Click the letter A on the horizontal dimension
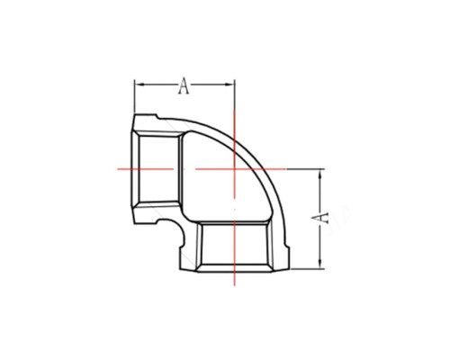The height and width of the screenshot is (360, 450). [x=184, y=85]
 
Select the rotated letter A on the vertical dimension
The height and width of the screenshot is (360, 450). [x=319, y=218]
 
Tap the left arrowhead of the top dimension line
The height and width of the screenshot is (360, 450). [x=139, y=85]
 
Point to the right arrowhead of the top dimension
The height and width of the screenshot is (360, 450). [x=230, y=85]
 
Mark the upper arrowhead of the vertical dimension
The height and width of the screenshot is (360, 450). [x=321, y=174]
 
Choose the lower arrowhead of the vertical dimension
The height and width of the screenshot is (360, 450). [x=321, y=264]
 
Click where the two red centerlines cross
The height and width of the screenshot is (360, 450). [x=234, y=169]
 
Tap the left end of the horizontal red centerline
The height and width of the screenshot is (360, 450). [x=117, y=169]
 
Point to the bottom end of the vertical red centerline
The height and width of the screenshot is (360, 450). [x=234, y=285]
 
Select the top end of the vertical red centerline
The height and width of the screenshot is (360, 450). [x=234, y=111]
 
